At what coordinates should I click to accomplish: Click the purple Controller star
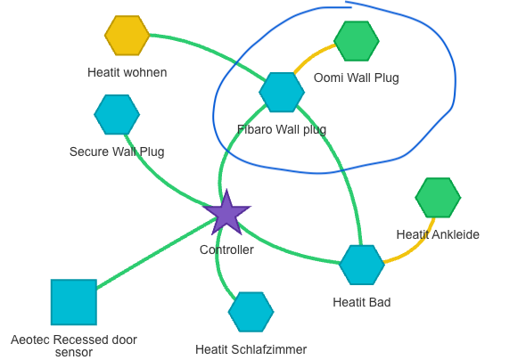coord(226,215)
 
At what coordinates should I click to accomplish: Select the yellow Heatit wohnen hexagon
coord(127,36)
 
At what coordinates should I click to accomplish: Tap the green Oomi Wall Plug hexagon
coord(357,41)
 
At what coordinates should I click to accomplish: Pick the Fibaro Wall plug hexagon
coord(282,92)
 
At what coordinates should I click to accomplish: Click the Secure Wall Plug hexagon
coord(117,113)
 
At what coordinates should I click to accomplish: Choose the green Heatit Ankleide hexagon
coord(438,198)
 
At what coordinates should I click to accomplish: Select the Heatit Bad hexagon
coord(361,265)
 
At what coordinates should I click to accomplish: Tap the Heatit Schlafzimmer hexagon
coord(251,312)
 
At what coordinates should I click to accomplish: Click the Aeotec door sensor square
coord(74,302)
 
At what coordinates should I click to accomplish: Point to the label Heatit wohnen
coord(127,72)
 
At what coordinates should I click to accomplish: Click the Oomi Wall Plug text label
coord(356,78)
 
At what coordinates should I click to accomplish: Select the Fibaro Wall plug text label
coord(282,129)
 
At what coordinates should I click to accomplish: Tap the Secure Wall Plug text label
coord(117,151)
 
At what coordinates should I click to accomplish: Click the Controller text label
coord(226,250)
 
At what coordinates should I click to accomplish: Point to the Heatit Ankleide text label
coord(438,234)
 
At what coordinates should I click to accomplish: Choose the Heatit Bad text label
coord(361,302)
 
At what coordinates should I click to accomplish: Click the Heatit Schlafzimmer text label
coord(251,349)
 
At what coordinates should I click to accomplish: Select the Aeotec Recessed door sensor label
coord(74,346)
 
